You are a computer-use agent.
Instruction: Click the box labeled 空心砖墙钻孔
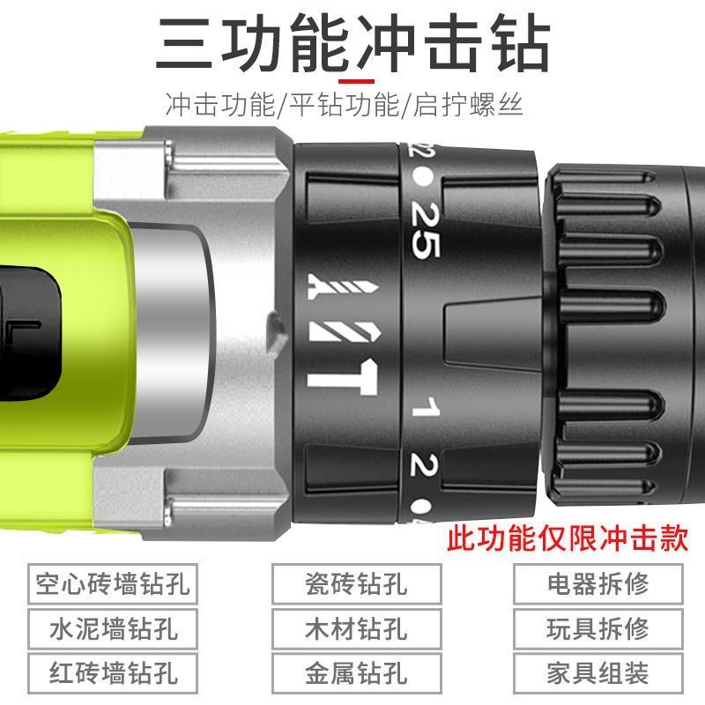click(112, 584)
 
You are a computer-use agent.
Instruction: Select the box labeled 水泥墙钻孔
click(112, 629)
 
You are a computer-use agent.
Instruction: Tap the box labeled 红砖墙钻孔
click(112, 674)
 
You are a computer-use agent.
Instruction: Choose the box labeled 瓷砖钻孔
click(356, 584)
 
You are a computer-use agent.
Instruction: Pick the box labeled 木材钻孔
click(356, 629)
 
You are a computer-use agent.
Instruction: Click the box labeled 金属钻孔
click(356, 674)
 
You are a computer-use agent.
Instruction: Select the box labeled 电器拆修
click(597, 584)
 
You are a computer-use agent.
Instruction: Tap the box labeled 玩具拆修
click(597, 629)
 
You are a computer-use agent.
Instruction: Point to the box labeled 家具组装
click(597, 674)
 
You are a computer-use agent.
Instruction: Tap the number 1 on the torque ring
click(426, 407)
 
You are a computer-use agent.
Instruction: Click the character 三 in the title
click(186, 44)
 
